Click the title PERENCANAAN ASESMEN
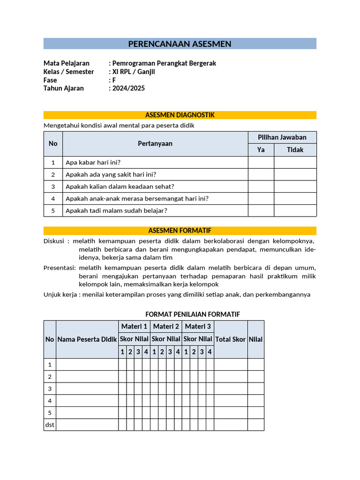(180, 44)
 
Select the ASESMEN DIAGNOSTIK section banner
(180, 115)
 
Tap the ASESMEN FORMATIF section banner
(180, 231)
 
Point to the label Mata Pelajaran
(66, 63)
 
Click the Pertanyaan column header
(155, 143)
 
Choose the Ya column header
(261, 150)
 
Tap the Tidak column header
(295, 150)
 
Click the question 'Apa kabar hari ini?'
(93, 163)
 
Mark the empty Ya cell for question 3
(261, 187)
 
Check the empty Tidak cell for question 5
(295, 211)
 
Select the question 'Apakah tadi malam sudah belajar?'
(116, 211)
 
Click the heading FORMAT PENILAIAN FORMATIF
(193, 314)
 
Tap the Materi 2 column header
(166, 326)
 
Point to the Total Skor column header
(231, 339)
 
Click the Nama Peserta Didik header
(87, 339)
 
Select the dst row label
(50, 425)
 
